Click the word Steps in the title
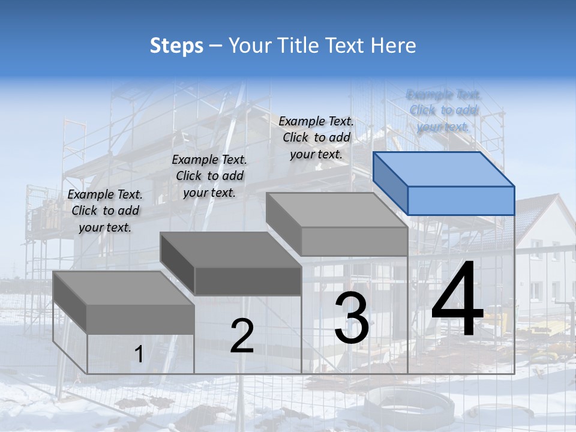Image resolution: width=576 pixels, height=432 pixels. click(x=176, y=46)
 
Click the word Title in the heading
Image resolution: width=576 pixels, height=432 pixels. click(x=293, y=46)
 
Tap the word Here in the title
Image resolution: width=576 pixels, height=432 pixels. click(x=394, y=46)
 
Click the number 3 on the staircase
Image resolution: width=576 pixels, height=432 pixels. click(x=352, y=318)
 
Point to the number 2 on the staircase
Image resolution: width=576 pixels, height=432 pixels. click(x=242, y=336)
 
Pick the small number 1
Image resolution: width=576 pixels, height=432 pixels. click(x=139, y=355)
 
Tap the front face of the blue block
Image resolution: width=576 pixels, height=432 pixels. click(x=461, y=200)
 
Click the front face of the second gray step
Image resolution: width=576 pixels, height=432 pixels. click(x=248, y=281)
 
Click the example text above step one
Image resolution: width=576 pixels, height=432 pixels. click(x=106, y=211)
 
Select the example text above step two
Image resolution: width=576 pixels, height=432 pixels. click(x=209, y=176)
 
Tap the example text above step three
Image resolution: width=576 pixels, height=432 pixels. click(x=316, y=137)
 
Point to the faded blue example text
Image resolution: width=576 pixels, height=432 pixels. click(x=443, y=110)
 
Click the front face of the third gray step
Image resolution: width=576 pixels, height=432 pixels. click(x=354, y=241)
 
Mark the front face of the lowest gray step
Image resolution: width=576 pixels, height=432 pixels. click(x=140, y=319)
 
